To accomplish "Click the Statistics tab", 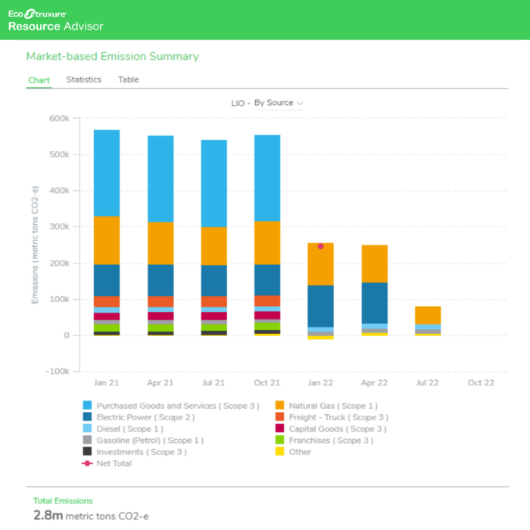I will [x=83, y=79].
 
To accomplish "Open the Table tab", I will [x=128, y=79].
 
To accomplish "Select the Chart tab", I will [x=39, y=80].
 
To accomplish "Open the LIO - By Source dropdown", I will [x=267, y=103].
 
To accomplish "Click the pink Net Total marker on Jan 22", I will [x=320, y=246].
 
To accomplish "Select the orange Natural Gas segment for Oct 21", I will [x=267, y=242].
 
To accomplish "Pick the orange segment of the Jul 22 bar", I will [x=428, y=315].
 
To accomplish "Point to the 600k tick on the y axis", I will [x=59, y=118].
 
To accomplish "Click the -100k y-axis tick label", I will [x=58, y=372].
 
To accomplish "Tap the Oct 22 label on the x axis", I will [x=481, y=383].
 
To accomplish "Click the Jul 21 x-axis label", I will [x=214, y=383].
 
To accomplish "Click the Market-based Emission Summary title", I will [x=113, y=56].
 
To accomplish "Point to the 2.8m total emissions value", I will [x=44, y=516].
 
